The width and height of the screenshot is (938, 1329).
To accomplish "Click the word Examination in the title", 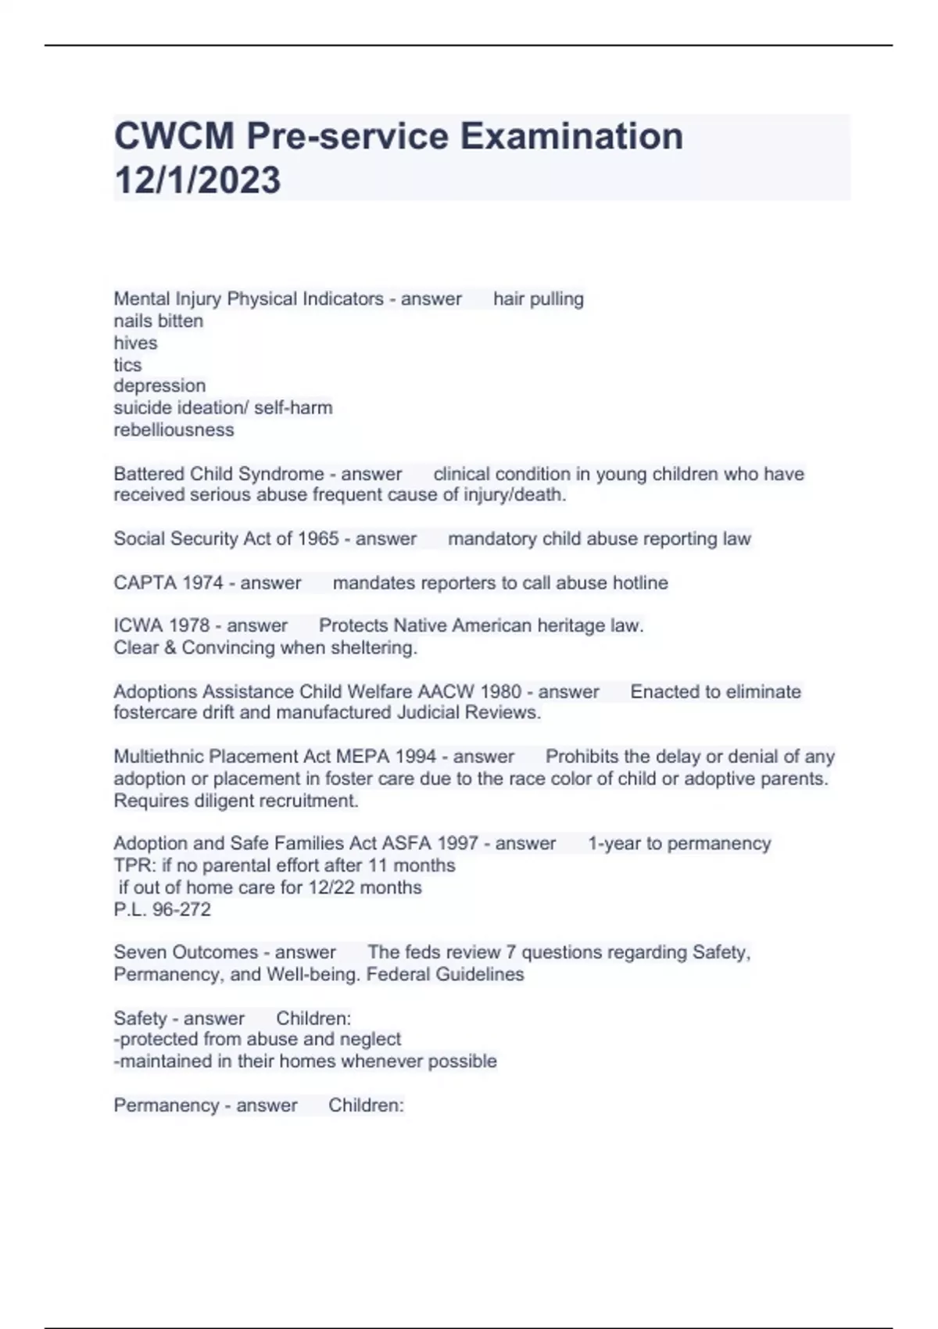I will click(x=571, y=136).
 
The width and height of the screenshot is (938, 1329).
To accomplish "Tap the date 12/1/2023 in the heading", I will click(x=197, y=180).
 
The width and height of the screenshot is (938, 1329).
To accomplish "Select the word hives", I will click(x=135, y=342).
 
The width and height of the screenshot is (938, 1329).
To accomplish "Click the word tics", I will click(x=127, y=364).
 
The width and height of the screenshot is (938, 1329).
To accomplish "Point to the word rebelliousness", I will click(x=174, y=429).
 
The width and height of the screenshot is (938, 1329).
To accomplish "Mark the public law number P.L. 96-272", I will click(x=162, y=909).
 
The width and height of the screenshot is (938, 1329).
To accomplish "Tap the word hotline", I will click(x=640, y=582).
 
